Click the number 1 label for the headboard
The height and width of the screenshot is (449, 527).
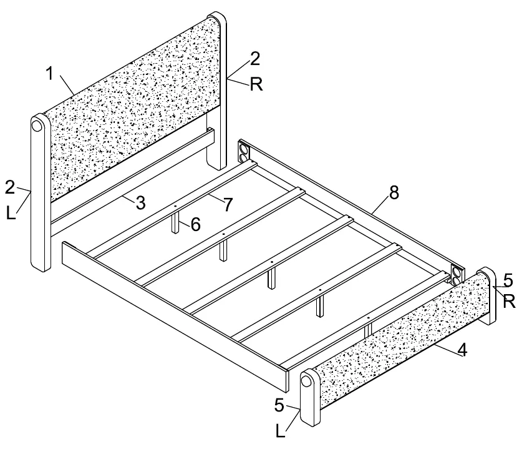point(50,74)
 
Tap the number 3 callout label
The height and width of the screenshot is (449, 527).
point(140,202)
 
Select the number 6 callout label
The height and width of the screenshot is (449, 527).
point(196,224)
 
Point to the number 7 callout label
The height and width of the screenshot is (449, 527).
point(228,204)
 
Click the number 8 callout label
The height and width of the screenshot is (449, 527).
point(394,192)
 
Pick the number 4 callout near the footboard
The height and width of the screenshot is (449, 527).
point(463,350)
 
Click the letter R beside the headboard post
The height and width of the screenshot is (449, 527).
point(256,84)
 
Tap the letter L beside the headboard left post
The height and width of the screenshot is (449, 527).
point(11,213)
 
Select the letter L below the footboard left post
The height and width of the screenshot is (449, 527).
point(280,431)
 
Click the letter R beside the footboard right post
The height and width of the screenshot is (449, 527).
point(509,302)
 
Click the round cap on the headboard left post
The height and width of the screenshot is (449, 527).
point(37,126)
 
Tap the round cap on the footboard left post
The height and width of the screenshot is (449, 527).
point(306,381)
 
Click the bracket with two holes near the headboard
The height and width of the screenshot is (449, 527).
point(243,153)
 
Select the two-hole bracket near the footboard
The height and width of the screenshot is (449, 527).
point(456,275)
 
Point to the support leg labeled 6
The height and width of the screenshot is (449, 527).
point(175,223)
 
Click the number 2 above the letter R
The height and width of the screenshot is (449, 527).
point(255,59)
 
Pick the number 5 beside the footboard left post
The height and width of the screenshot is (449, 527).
point(279,405)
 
